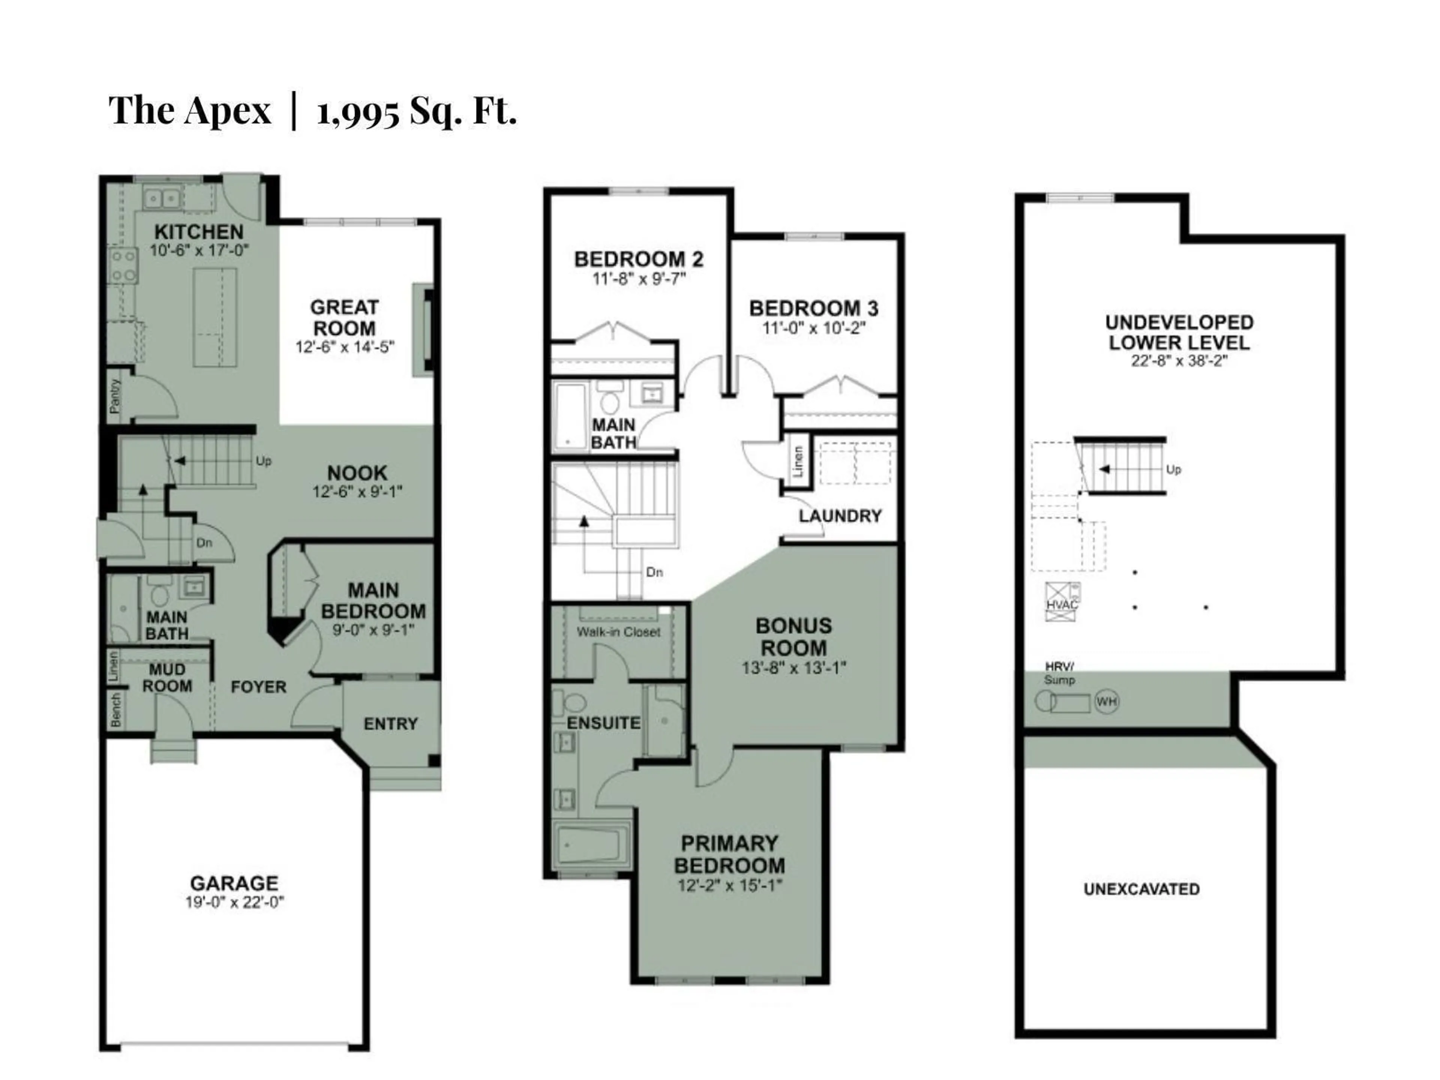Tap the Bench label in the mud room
115,709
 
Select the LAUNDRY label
840,516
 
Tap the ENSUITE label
603,723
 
